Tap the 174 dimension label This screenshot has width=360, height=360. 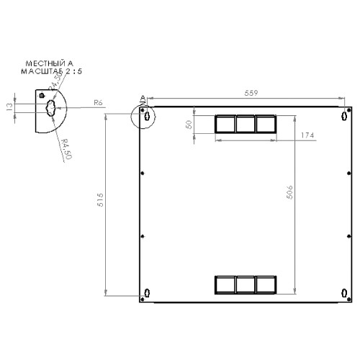pos(306,135)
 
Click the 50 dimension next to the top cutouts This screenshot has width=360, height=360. pos(189,125)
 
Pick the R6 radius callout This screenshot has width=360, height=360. pos(99,104)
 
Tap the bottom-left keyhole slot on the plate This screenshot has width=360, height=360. pos(147,292)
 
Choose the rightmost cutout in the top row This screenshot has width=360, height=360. pos(266,125)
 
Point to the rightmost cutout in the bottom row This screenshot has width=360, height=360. pos(266,285)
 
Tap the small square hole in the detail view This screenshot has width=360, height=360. pos(42,95)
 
